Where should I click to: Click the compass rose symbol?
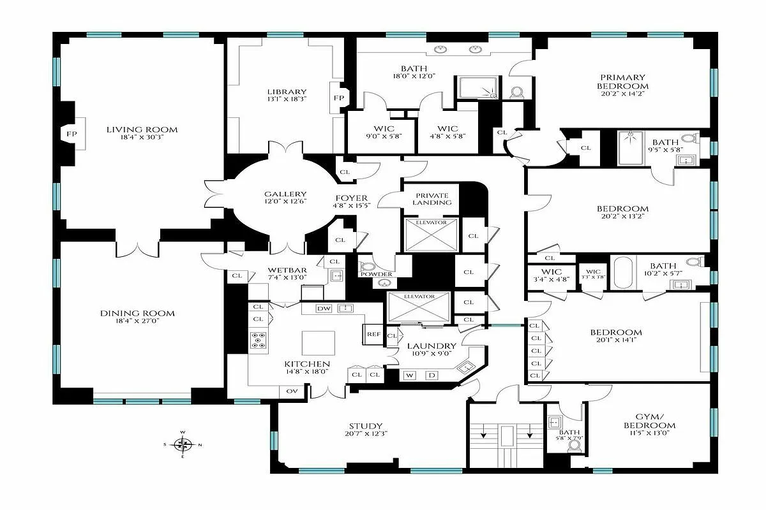pyautogui.click(x=183, y=444)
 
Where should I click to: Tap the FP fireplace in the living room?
pyautogui.click(x=69, y=134)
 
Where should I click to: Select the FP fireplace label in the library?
pyautogui.click(x=338, y=99)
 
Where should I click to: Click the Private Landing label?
pyautogui.click(x=432, y=198)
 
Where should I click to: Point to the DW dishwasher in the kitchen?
pyautogui.click(x=324, y=309)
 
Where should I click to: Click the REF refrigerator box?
pyautogui.click(x=373, y=333)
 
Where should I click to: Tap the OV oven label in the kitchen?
pyautogui.click(x=292, y=391)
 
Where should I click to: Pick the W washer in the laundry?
pyautogui.click(x=409, y=375)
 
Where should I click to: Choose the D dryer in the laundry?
pyautogui.click(x=431, y=375)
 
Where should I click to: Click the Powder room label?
pyautogui.click(x=376, y=274)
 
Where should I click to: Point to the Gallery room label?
pyautogui.click(x=285, y=194)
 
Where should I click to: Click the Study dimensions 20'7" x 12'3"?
pyautogui.click(x=366, y=434)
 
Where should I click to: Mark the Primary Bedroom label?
pyautogui.click(x=622, y=82)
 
